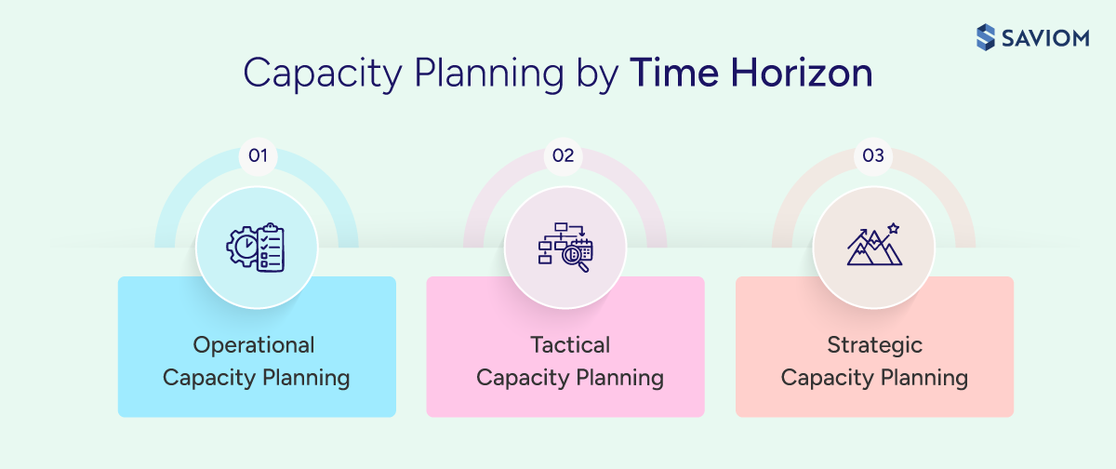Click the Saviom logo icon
pos(986,37)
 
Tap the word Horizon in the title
pos(797,74)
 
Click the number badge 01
pos(258,155)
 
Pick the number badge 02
pos(564,155)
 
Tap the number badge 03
pos(873,155)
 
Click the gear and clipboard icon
pos(256,247)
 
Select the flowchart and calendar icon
pos(565,247)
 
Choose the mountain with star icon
pos(873,247)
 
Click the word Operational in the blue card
pos(254,345)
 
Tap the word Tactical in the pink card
pos(570,345)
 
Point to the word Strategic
pos(875,345)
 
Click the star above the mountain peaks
pos(894,228)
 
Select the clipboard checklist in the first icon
pos(270,247)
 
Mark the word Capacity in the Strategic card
pos(824,378)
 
